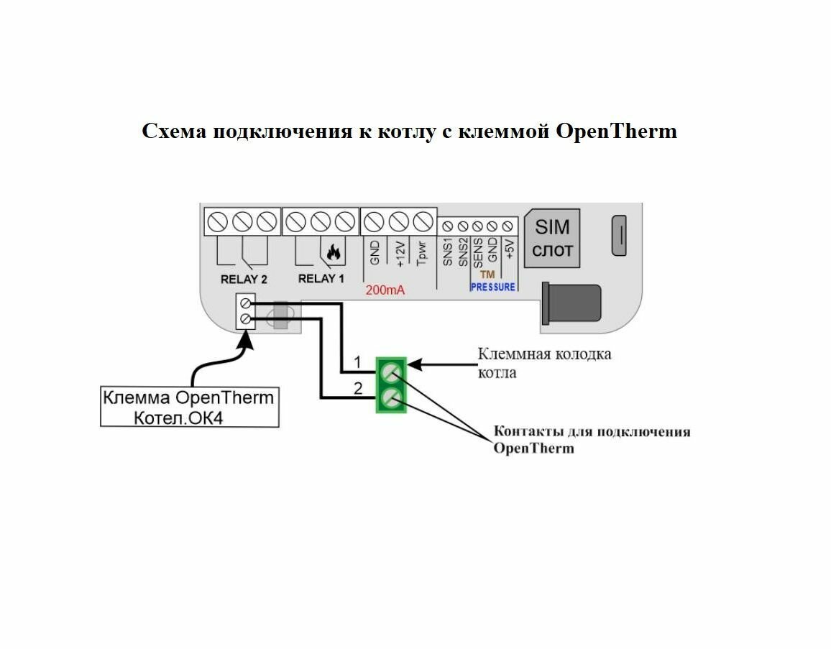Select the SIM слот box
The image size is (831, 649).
pos(553,239)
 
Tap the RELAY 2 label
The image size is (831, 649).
pos(244,279)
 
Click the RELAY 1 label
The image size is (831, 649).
pos(321,279)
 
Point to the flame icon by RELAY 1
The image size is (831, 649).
pos(333,252)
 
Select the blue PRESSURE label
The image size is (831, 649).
pos(492,287)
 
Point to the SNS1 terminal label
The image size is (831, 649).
pos(447,252)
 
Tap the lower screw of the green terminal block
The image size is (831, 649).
pos(391,397)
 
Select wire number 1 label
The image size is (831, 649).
pos(357,361)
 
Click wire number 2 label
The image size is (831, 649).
pos(357,388)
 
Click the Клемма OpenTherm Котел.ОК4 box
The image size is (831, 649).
pos(189,408)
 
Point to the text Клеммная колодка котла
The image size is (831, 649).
pos(544,363)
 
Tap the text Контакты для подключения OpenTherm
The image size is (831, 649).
pos(591,440)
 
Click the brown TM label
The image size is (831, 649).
pos(487,275)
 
